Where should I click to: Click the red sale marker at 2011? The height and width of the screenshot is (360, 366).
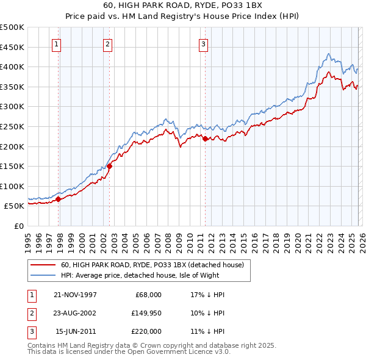[205, 139]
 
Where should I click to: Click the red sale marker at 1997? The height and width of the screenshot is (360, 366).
[59, 198]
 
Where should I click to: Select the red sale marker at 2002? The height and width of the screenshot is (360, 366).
[110, 165]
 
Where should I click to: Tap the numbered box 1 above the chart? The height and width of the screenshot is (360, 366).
[56, 43]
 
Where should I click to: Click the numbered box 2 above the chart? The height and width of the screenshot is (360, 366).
[107, 43]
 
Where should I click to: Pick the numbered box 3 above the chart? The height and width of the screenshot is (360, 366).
[203, 43]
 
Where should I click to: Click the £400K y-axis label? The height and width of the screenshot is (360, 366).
[12, 67]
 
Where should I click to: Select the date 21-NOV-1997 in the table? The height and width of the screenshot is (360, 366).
[75, 295]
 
